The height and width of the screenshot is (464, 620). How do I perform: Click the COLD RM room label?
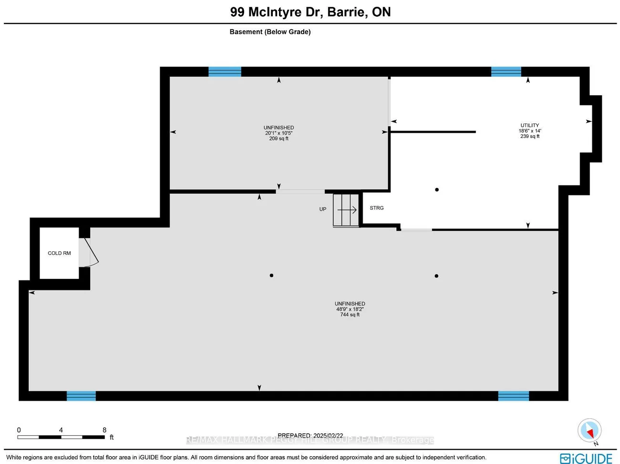coord(59,253)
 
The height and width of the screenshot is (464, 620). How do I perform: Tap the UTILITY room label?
coord(529,125)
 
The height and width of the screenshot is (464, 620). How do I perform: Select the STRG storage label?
coord(377,208)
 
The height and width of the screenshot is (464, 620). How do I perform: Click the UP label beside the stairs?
coord(323,209)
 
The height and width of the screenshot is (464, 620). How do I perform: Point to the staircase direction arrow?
coord(348,210)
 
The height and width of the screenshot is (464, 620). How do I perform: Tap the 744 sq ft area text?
coord(350,315)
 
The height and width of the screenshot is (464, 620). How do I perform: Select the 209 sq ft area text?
coord(279,138)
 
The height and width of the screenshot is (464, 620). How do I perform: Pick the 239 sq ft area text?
coord(529,136)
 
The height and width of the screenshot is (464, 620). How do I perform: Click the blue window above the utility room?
coord(506,72)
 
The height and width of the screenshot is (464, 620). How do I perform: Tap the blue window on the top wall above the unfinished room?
coord(225,72)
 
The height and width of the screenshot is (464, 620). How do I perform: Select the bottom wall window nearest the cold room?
coord(81,396)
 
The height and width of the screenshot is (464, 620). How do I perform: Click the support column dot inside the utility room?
coord(437,190)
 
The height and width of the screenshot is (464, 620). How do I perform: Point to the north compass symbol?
coord(589,431)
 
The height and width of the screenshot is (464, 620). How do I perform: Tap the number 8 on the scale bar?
coord(104,430)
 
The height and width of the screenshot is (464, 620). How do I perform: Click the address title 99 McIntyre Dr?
coord(310,12)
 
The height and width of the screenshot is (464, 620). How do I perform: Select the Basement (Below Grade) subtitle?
coord(270,32)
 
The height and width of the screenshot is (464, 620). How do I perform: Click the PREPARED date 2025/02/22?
coord(310,435)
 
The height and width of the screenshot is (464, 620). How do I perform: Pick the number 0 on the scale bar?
coord(19,430)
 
